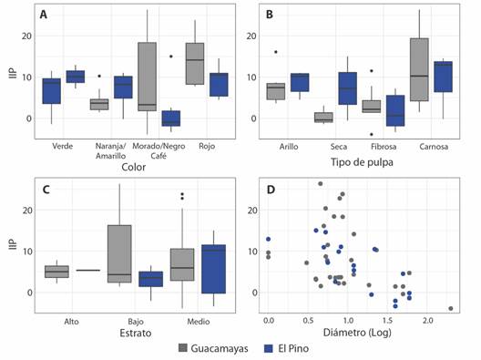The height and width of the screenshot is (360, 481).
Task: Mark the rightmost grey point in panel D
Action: pos(450,308)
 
